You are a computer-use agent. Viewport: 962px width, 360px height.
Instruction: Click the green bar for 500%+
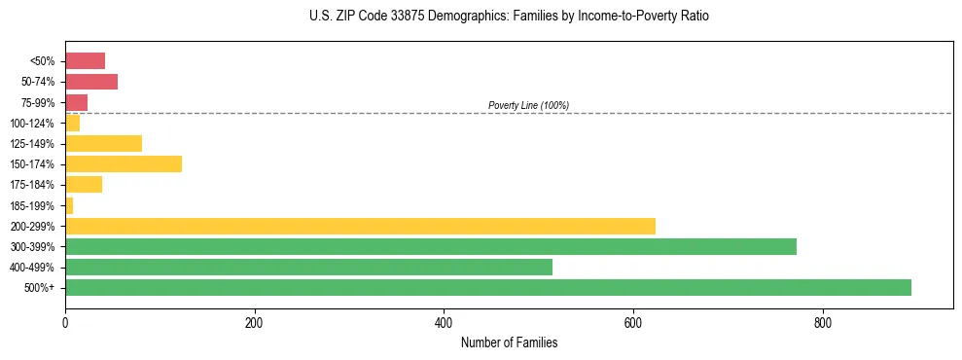point(487,287)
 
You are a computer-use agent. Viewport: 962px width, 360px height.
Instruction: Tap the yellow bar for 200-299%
point(360,226)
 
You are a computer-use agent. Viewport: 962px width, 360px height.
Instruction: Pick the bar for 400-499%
point(308,267)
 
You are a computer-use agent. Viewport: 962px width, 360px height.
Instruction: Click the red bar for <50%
point(85,60)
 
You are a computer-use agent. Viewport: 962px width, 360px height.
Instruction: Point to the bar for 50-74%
point(90,82)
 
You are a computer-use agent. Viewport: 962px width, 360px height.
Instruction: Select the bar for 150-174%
point(123,163)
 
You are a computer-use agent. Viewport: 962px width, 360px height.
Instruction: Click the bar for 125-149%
point(103,143)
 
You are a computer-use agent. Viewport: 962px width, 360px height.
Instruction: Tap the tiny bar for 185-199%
point(69,205)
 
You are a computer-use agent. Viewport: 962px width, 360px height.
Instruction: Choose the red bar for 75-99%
point(76,102)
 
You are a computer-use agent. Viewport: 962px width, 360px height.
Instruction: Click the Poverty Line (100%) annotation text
point(528,105)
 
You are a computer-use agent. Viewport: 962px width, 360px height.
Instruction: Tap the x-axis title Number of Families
point(509,342)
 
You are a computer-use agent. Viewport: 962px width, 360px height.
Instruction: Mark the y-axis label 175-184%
point(32,185)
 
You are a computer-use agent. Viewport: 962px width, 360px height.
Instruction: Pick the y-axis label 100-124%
point(32,123)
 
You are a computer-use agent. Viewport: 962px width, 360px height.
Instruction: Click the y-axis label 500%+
point(41,288)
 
